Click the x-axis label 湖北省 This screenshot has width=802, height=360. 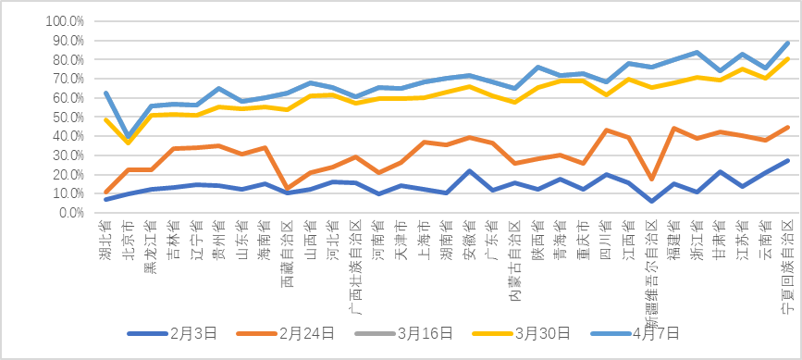tap(105, 237)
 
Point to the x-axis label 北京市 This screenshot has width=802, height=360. tap(129, 237)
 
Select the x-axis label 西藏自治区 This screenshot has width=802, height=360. tap(287, 248)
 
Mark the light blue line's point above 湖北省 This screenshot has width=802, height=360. tap(105, 93)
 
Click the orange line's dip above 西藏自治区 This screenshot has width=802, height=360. tap(287, 189)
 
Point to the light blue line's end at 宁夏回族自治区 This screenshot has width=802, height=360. tap(787, 43)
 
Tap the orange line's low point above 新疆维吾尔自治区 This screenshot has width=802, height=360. tap(652, 180)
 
